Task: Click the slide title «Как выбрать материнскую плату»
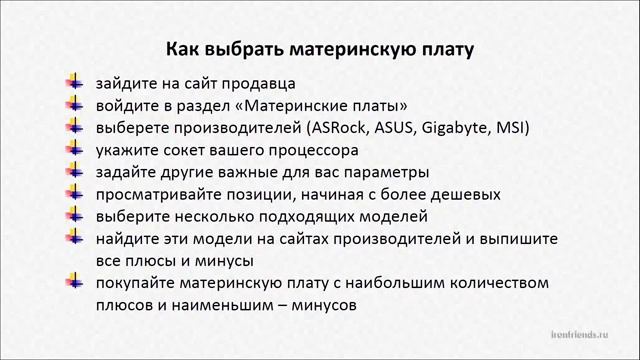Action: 319,48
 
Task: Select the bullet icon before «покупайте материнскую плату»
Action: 76,280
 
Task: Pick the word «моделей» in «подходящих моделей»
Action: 394,216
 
